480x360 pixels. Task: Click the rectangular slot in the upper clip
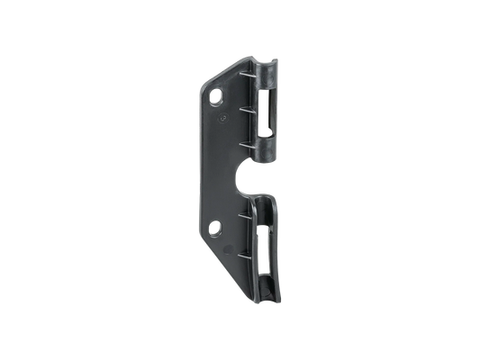click(x=271, y=112)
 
